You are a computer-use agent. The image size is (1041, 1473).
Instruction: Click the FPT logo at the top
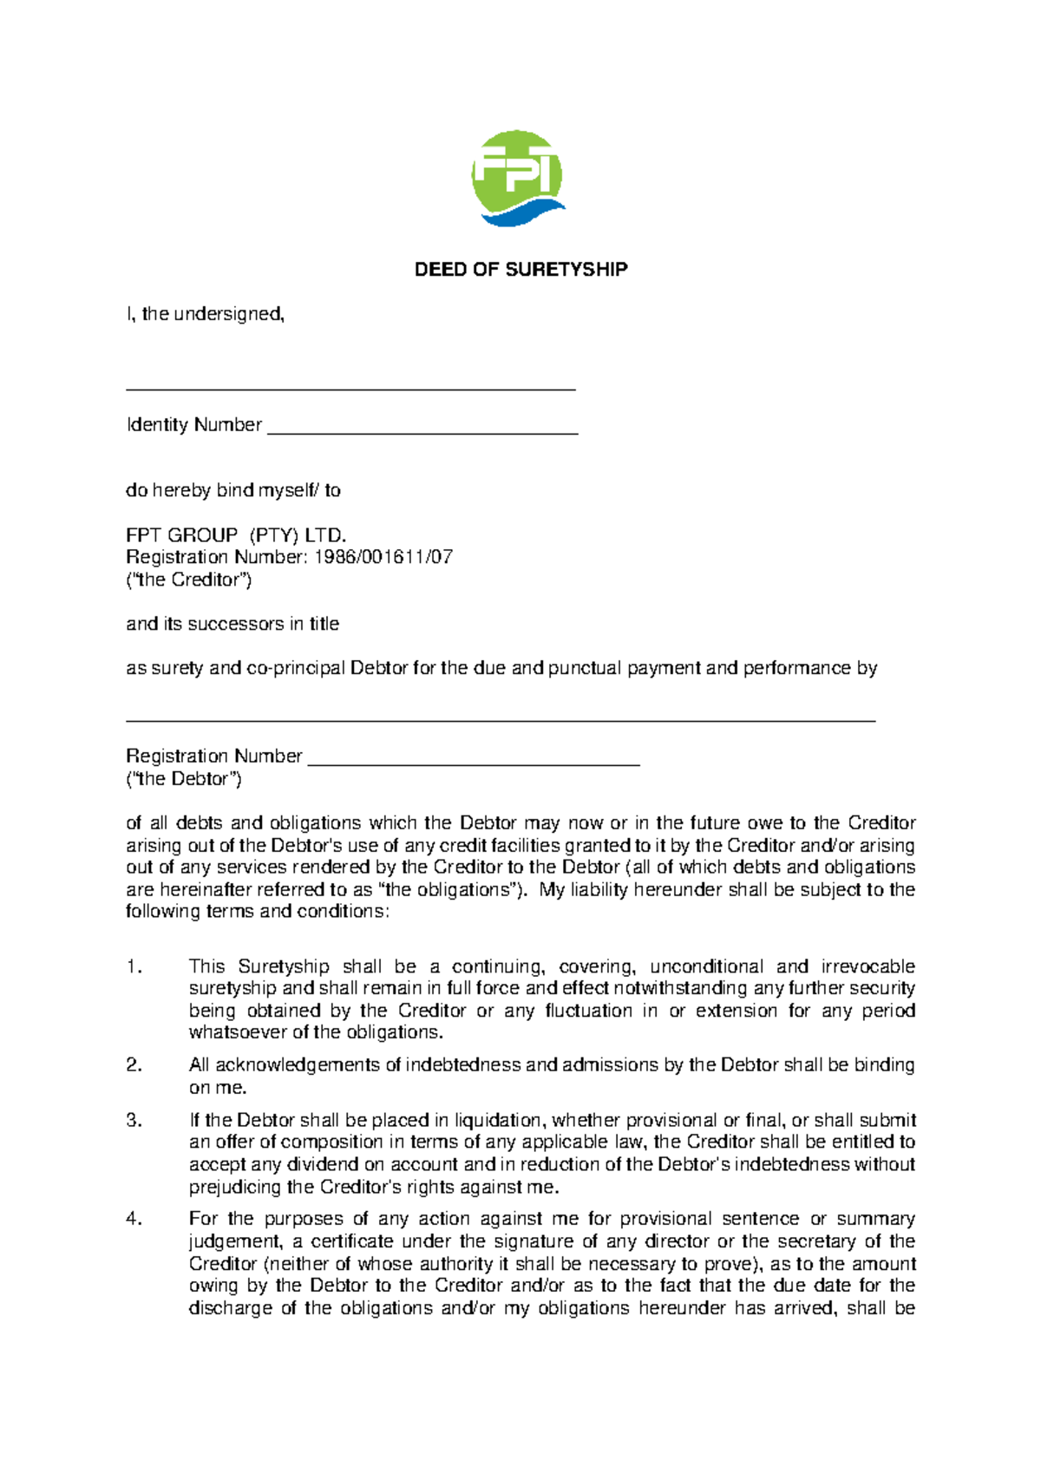(x=518, y=179)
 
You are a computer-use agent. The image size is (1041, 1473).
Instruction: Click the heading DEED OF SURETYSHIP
(x=520, y=270)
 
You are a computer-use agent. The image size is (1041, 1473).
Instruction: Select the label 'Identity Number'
(x=194, y=425)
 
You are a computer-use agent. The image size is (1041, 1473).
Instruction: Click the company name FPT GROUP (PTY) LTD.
(x=236, y=535)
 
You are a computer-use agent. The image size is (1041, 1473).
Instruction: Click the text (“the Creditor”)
(x=188, y=579)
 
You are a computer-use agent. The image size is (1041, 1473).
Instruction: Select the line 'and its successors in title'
(x=232, y=624)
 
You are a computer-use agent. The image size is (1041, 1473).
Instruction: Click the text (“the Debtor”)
(x=184, y=779)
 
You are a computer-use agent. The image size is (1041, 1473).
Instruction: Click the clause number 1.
(x=133, y=966)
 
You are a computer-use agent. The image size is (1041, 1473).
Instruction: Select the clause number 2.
(x=134, y=1065)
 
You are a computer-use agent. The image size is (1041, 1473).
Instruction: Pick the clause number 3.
(x=134, y=1121)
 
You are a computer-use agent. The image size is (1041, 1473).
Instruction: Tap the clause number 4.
(x=134, y=1219)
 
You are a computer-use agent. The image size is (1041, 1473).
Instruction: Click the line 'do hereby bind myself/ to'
(x=233, y=491)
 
